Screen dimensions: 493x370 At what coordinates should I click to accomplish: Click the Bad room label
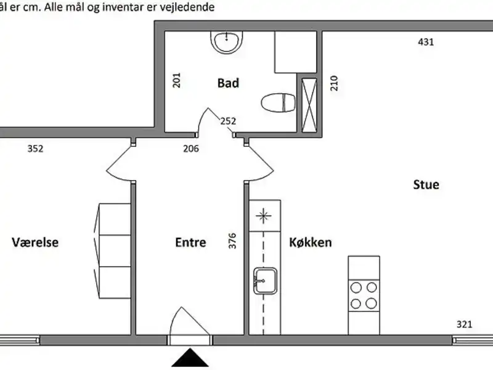click(228, 83)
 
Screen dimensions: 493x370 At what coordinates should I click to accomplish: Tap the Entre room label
click(190, 242)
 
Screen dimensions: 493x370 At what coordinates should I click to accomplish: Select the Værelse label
click(35, 242)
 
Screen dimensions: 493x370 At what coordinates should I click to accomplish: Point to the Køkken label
click(311, 242)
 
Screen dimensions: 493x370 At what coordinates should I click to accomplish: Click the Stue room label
click(426, 184)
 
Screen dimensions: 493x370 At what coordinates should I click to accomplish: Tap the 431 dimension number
click(426, 42)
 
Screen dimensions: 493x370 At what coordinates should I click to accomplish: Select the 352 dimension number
click(35, 149)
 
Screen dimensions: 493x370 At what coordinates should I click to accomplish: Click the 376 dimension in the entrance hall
click(232, 241)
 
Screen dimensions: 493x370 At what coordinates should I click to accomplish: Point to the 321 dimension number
click(465, 324)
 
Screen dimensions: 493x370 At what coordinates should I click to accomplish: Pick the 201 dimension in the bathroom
click(177, 80)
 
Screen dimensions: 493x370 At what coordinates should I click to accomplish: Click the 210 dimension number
click(334, 83)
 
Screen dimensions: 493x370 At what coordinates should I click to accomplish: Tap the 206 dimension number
click(191, 149)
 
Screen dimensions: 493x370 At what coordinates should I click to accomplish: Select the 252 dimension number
click(228, 121)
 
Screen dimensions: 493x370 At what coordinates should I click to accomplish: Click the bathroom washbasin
click(227, 42)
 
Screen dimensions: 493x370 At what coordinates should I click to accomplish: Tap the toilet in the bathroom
click(279, 102)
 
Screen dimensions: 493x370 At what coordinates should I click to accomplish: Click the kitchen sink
click(265, 281)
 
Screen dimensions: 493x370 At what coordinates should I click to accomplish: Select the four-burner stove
click(364, 295)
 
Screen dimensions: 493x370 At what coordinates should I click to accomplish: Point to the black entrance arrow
click(190, 358)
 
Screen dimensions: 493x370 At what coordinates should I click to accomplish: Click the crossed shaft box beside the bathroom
click(309, 105)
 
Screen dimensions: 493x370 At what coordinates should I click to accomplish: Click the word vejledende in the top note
click(187, 7)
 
